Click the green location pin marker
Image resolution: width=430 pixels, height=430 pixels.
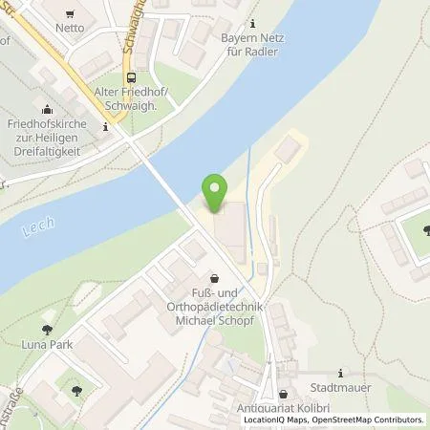pyautogui.click(x=215, y=191)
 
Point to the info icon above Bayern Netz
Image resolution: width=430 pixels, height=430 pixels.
pyautogui.click(x=252, y=22)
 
